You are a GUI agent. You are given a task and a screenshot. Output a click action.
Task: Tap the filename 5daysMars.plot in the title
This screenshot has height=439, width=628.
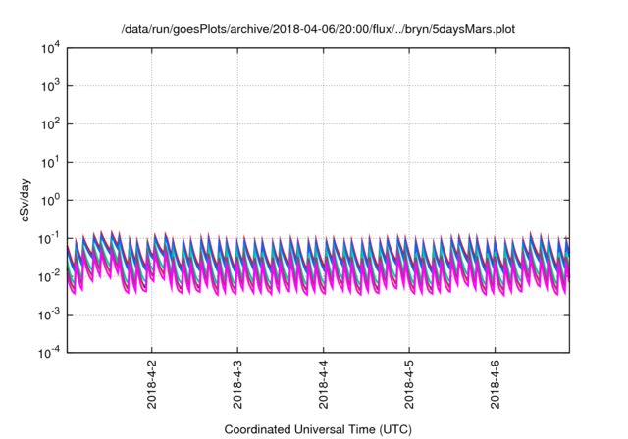tap(471, 30)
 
